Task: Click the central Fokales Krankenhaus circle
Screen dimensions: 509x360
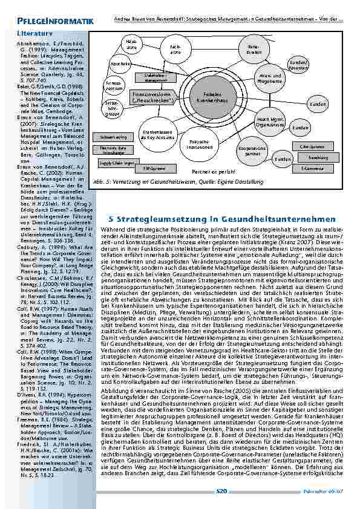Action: coord(212,97)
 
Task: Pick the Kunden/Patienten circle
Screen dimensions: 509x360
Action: coord(298,64)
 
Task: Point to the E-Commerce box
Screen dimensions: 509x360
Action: coord(313,169)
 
